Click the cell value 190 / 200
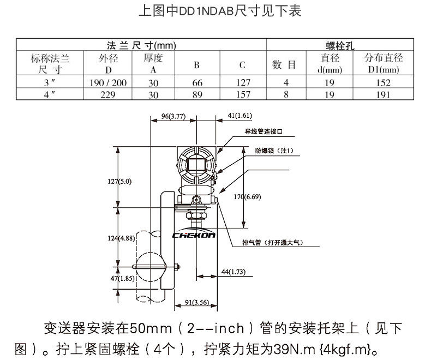tap(108, 82)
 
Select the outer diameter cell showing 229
tap(108, 94)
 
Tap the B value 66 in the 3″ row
tap(197, 82)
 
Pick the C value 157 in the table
tap(243, 94)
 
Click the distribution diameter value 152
tap(383, 82)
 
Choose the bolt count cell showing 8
tap(286, 94)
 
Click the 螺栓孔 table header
tap(340, 45)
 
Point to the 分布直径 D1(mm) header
tap(384, 63)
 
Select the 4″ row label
tap(50, 94)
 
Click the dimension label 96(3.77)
tap(173, 116)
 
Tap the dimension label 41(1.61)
tap(240, 116)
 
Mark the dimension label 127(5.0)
tap(119, 182)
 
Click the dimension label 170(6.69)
tap(247, 197)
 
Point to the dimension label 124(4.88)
tap(121, 238)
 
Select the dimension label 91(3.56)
tap(197, 302)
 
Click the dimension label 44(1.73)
tap(234, 272)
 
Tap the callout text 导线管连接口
tap(264, 131)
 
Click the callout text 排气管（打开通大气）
tap(273, 242)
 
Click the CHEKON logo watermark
tap(194, 235)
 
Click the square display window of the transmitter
tap(196, 165)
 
